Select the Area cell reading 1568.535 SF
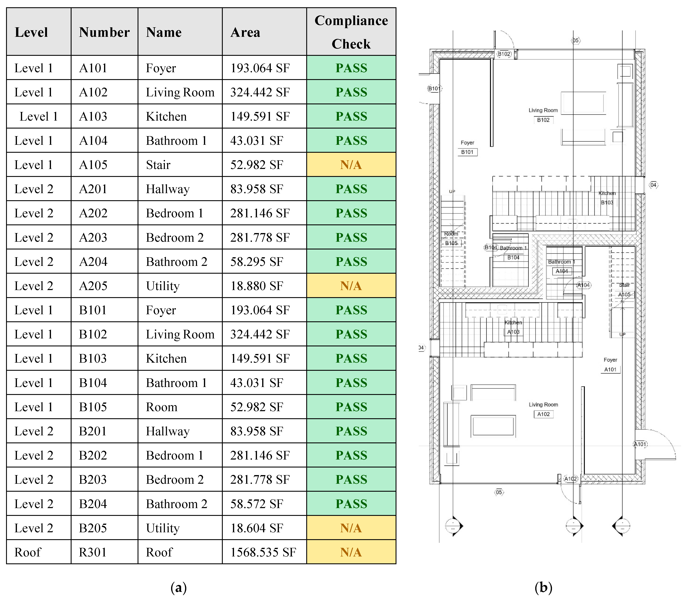[x=263, y=552]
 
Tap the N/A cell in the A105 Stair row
[x=351, y=165]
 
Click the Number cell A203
[x=93, y=237]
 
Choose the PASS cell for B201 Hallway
[x=351, y=431]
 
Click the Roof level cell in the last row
[x=28, y=552]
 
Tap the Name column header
[x=164, y=32]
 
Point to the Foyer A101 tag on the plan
[x=610, y=369]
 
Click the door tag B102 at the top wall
[x=504, y=54]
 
